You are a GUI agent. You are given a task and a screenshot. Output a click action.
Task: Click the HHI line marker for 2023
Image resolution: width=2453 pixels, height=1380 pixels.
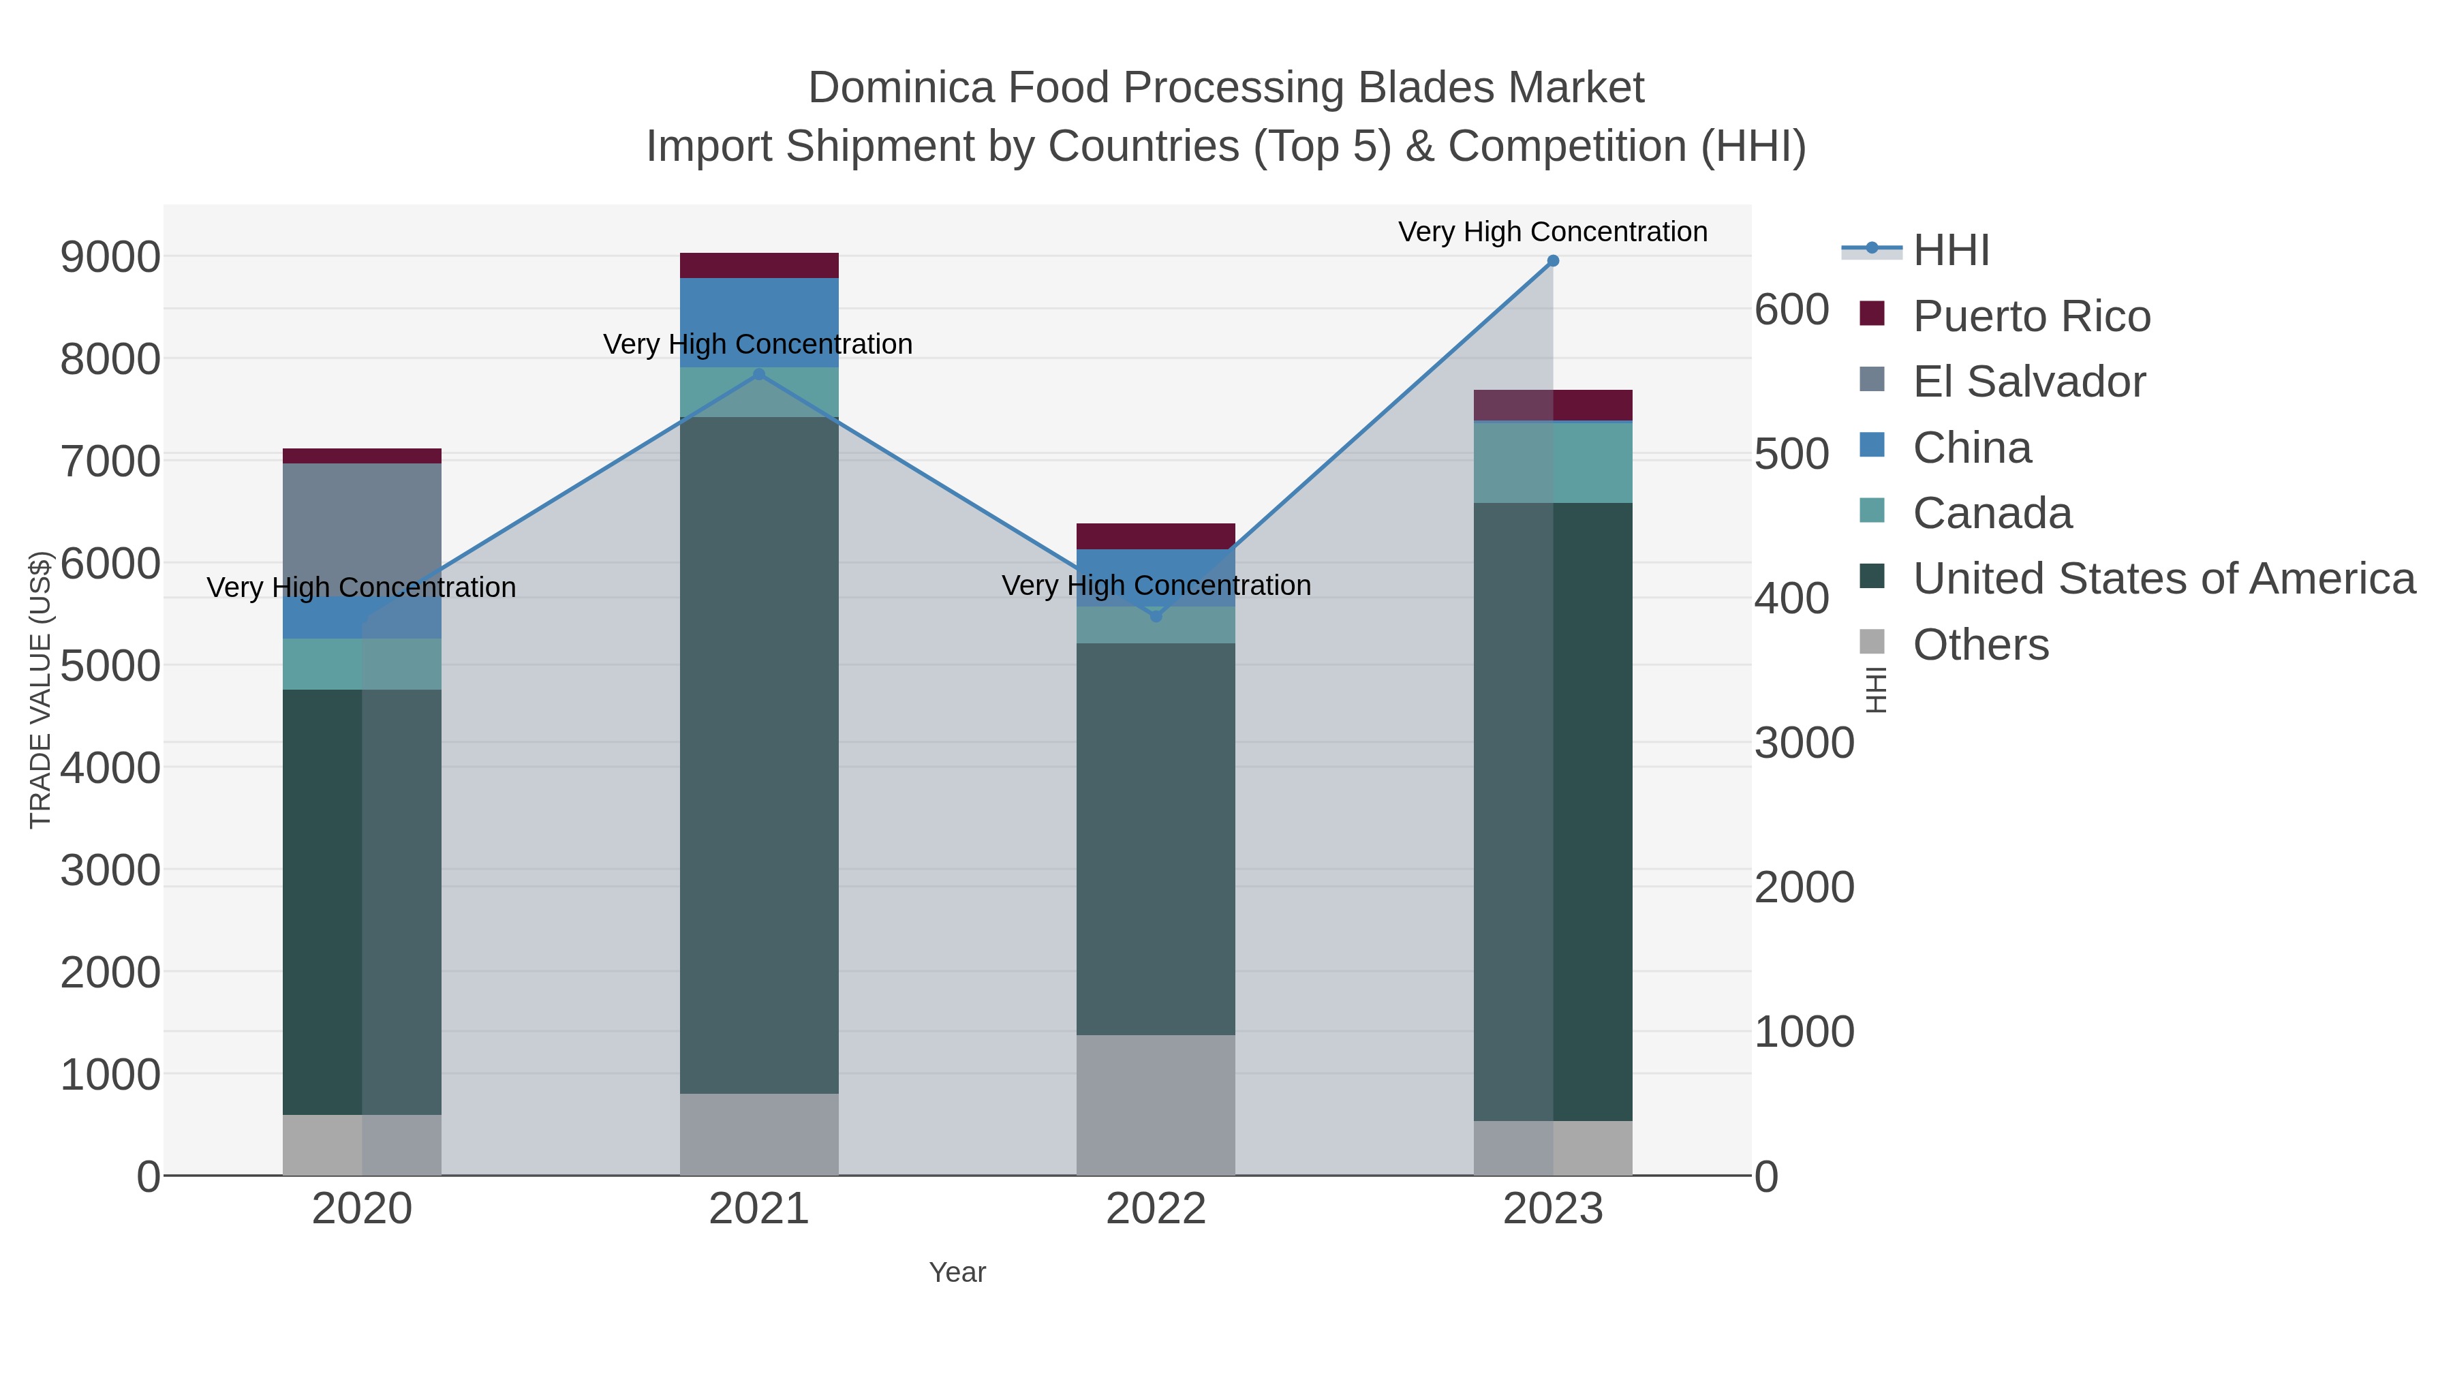pos(1553,261)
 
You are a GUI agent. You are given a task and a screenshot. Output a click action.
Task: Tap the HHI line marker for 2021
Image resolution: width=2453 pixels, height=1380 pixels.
pos(759,374)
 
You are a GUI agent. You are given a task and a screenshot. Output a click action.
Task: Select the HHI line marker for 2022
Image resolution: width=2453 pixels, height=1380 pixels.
pos(1156,616)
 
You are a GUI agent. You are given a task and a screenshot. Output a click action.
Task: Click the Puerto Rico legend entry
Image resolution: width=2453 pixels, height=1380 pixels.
pos(2031,316)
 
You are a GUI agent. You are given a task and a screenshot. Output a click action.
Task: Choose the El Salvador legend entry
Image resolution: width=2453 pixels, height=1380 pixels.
pos(2028,382)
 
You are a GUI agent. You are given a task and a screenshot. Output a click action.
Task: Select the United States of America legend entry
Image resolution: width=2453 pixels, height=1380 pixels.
pos(2163,579)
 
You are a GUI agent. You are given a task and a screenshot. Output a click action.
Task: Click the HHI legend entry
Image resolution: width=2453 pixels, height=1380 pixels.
pos(1950,251)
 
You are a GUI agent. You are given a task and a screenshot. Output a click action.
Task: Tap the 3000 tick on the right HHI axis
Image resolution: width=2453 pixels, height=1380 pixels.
pos(1804,743)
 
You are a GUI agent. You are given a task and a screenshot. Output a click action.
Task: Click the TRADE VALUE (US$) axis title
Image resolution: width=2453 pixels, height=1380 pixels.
pos(40,690)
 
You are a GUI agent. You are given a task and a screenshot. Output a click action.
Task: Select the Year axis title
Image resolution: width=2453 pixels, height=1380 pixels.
pos(957,1272)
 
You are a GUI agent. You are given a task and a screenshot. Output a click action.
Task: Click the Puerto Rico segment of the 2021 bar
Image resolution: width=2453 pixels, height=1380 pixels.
pos(759,266)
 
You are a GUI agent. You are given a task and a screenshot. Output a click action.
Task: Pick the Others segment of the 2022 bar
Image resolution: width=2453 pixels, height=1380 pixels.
pos(1156,1105)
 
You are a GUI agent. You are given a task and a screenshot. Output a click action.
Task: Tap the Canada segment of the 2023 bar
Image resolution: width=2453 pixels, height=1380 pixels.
pos(1553,462)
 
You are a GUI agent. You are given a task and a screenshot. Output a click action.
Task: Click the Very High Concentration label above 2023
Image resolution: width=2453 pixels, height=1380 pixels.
pos(1553,232)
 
